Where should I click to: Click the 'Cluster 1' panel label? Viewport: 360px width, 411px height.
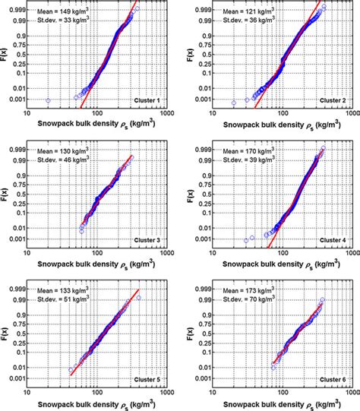pos(147,101)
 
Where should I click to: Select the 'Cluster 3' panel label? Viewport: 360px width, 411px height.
pos(147,240)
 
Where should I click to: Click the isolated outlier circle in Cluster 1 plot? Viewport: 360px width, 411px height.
pos(49,100)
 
